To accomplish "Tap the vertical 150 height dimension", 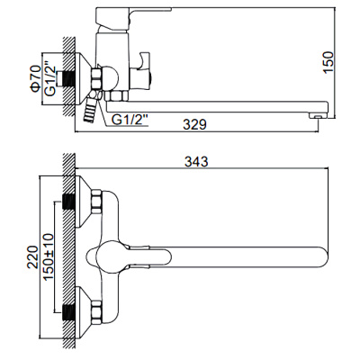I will pyautogui.click(x=329, y=60).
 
